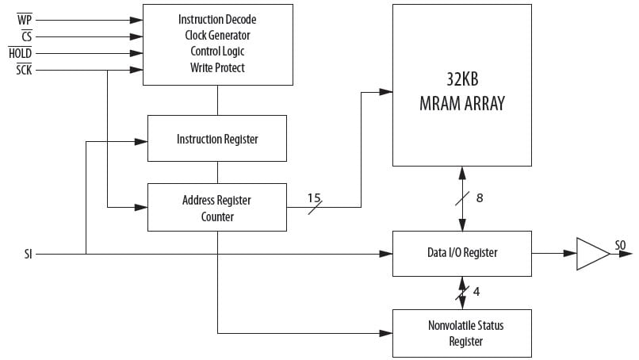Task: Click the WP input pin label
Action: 25,19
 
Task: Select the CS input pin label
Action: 26,36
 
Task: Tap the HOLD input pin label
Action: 20,53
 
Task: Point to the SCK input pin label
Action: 24,71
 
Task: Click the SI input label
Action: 29,255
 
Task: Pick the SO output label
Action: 620,246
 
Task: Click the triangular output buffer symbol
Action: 591,254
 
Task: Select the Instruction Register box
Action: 217,139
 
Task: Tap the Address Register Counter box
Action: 217,208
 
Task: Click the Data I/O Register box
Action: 462,254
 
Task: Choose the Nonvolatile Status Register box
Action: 462,333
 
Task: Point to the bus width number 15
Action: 315,197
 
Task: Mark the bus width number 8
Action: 480,197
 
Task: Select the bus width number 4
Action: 476,291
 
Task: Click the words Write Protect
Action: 217,68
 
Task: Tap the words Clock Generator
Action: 217,36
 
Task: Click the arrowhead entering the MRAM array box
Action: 386,92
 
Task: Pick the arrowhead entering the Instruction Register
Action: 141,142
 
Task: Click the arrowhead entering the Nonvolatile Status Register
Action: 386,333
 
